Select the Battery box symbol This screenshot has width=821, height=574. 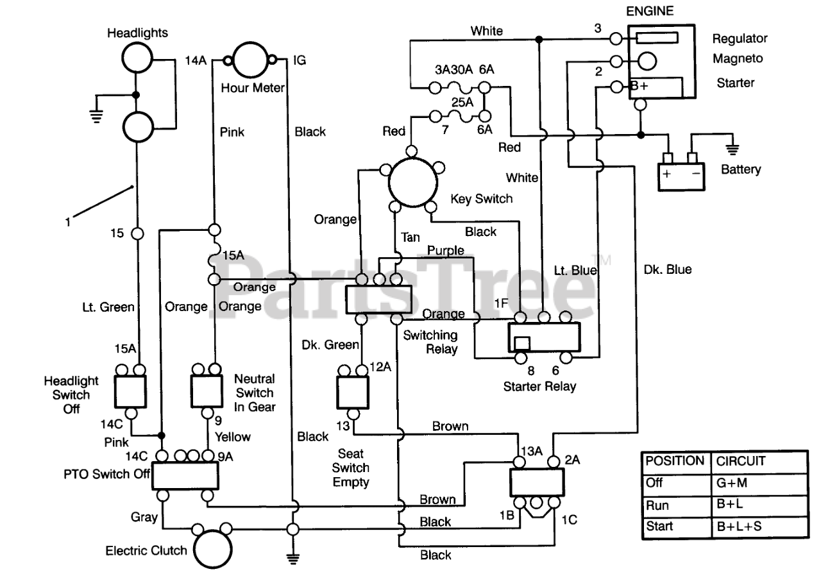click(681, 176)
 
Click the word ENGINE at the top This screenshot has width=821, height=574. click(650, 11)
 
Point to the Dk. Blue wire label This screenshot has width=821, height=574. click(668, 269)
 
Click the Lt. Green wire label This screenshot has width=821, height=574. click(108, 307)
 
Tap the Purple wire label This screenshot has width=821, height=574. click(446, 251)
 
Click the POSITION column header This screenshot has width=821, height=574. click(675, 460)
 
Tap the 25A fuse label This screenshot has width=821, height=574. click(462, 102)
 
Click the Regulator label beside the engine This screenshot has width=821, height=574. click(740, 38)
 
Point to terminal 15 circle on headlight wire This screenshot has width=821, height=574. click(137, 233)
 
